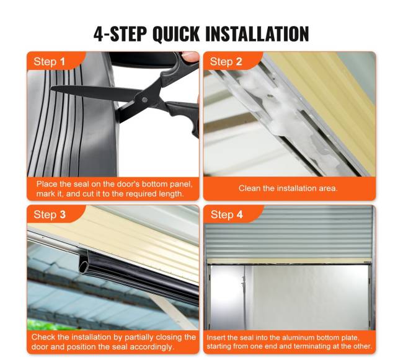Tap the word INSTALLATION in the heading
(x=257, y=34)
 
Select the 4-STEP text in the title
(x=120, y=34)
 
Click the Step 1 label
(x=49, y=61)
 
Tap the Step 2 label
(x=226, y=61)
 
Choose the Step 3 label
(x=50, y=214)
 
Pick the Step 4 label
(x=226, y=214)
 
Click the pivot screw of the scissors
(x=144, y=100)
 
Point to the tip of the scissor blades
(x=51, y=88)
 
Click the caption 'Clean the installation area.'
(x=288, y=188)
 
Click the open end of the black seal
(x=84, y=265)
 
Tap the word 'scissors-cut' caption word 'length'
(x=171, y=194)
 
